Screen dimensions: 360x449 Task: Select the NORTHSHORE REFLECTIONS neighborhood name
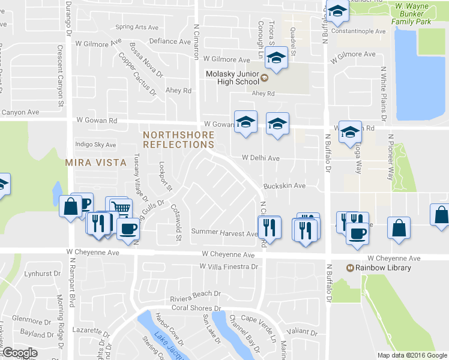coord(178,140)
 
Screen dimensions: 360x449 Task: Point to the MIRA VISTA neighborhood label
coord(96,163)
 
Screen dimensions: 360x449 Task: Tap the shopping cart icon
coord(119,208)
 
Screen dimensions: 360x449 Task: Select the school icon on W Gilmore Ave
coord(276,58)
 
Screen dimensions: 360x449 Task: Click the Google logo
coord(19,353)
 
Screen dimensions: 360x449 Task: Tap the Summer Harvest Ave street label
coord(224,232)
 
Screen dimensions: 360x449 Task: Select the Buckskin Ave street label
coord(284,186)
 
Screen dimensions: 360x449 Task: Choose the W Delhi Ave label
coord(261,158)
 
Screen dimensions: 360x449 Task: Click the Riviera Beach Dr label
coord(196,294)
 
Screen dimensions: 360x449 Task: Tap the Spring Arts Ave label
coord(137,27)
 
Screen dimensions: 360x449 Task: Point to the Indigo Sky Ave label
coord(95,145)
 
